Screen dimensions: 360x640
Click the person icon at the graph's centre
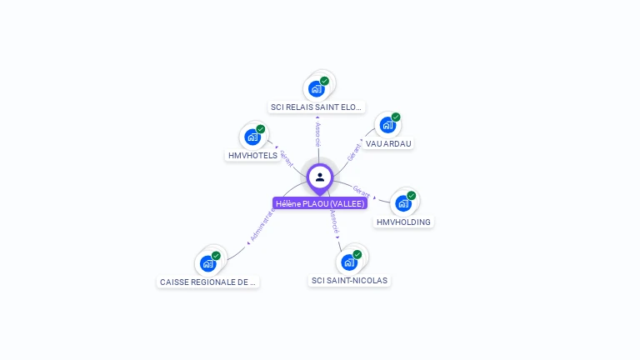click(320, 177)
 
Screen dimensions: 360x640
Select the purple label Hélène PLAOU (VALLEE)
click(320, 203)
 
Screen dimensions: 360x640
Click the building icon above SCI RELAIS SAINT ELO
click(316, 88)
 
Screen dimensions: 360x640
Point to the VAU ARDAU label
click(388, 143)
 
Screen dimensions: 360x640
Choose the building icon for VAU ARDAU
click(387, 125)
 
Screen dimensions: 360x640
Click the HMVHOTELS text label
click(252, 156)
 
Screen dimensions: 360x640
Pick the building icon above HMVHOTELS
click(252, 137)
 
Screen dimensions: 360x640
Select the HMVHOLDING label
click(403, 222)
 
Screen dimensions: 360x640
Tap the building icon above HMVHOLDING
click(403, 202)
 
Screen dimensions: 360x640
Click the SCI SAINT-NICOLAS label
click(349, 281)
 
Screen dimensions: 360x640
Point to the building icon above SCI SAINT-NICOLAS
click(349, 262)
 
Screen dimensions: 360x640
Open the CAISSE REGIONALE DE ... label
click(208, 282)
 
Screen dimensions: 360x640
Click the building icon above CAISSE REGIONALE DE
click(207, 263)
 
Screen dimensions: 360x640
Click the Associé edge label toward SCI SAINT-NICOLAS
click(334, 222)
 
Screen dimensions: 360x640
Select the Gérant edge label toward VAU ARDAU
click(353, 153)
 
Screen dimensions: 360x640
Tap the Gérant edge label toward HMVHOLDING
click(362, 192)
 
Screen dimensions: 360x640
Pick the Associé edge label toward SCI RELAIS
click(317, 133)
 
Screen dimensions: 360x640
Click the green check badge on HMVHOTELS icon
click(261, 129)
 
